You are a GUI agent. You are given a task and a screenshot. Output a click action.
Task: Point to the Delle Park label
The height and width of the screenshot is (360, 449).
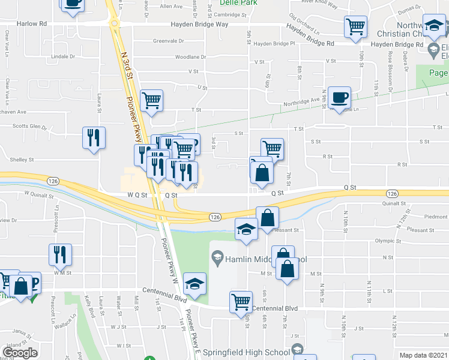point(229,2)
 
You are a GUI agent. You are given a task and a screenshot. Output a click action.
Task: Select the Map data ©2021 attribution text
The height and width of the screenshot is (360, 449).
point(423,355)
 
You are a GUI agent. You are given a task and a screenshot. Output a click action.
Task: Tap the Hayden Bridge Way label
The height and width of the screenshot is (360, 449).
point(200,25)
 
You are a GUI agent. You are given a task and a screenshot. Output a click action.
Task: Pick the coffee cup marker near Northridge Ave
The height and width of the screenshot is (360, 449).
point(339,98)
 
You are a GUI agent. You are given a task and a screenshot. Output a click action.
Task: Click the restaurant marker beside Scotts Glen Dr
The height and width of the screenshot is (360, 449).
point(94,137)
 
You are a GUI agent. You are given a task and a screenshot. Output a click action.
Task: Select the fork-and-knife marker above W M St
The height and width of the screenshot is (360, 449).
point(61,255)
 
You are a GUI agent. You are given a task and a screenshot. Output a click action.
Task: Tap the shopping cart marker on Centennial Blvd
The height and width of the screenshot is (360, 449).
point(241,301)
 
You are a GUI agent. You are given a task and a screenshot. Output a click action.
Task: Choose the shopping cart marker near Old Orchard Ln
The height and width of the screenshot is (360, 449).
point(355,26)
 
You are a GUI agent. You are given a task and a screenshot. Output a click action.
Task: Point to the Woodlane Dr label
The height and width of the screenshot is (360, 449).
point(190,57)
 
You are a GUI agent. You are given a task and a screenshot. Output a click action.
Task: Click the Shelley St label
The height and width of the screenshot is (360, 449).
point(22,160)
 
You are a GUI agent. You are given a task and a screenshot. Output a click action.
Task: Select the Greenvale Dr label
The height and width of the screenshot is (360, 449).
point(167,41)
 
